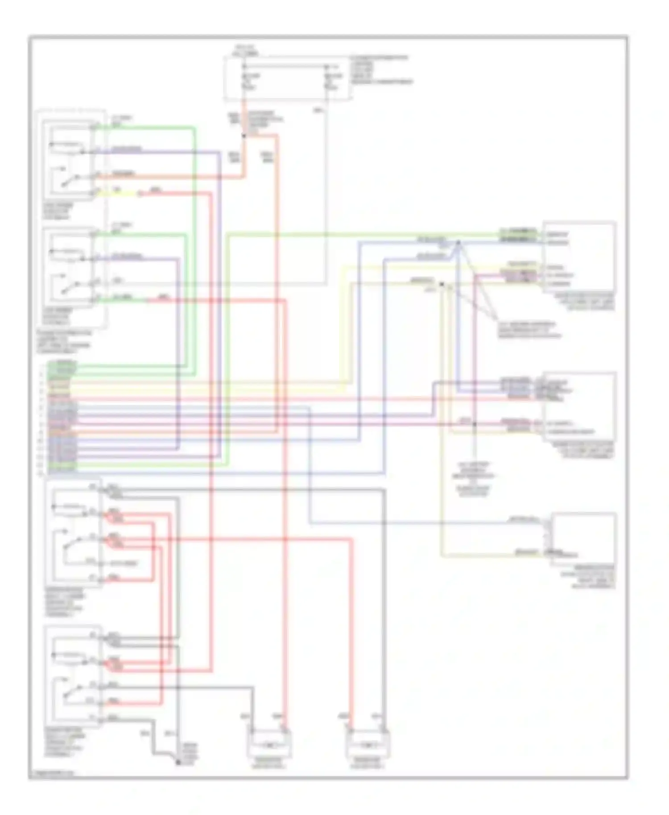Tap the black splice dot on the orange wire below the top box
pos(244,135)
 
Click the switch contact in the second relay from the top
pos(67,286)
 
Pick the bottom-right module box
pos(583,540)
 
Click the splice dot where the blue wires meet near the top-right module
pos(458,243)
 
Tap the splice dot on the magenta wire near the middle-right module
pos(475,424)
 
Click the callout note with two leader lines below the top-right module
pos(529,329)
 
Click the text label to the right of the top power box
pos(381,70)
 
